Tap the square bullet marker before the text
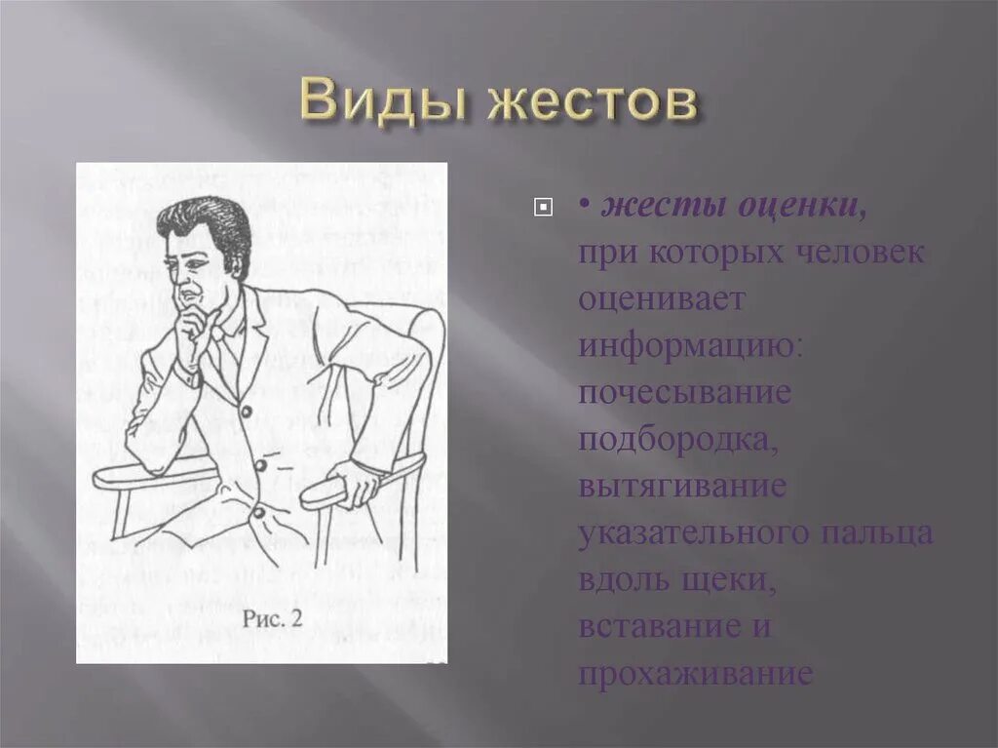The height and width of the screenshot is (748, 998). pyautogui.click(x=543, y=207)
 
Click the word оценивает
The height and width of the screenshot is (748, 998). pyautogui.click(x=662, y=298)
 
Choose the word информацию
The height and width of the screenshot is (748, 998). pyautogui.click(x=689, y=345)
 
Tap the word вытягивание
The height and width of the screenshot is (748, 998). pyautogui.click(x=681, y=486)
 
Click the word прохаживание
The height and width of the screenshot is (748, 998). pyautogui.click(x=695, y=673)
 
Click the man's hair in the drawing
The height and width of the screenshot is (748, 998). pyautogui.click(x=202, y=217)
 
